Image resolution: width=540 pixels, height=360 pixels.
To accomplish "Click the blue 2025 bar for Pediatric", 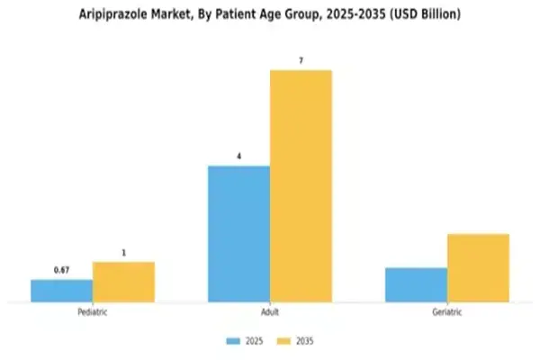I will point(61,291).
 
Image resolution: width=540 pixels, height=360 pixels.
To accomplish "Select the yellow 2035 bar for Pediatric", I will point(123,282).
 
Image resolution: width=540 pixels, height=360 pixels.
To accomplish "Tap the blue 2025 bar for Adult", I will point(238,234).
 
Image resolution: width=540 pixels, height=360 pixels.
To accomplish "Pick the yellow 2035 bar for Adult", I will point(301,185).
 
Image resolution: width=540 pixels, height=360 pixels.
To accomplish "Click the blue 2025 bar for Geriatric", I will point(416,284).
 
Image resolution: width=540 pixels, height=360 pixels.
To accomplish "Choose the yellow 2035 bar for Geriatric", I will point(478,268).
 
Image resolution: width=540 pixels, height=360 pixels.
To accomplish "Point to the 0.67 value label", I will point(61,271).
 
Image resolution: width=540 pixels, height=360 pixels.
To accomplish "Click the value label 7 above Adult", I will point(301,60).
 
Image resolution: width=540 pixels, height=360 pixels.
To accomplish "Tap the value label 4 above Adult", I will point(238,157).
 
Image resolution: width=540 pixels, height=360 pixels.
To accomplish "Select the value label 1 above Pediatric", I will point(123,253).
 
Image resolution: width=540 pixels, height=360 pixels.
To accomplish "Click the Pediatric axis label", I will point(93,312).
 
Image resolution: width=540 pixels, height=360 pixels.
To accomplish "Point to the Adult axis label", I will point(269,312).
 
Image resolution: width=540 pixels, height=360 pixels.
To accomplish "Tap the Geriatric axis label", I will point(446,312).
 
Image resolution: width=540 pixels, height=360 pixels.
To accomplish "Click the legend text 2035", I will point(304,341).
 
